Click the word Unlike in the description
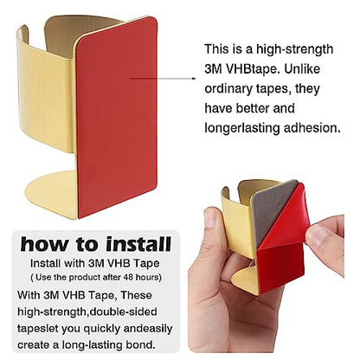tap(302, 69)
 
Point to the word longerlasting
tap(242, 128)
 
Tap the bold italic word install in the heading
tap(138, 244)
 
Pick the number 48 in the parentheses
tap(129, 277)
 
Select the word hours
tap(147, 277)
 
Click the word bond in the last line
tap(142, 344)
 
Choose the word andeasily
tap(149, 329)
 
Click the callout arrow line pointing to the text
tap(163, 78)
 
